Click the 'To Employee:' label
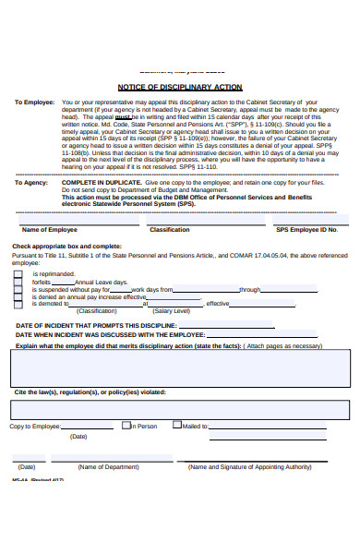[x=34, y=102]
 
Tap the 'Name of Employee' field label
[x=49, y=229]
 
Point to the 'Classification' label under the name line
[x=170, y=229]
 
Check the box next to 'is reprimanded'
[x=18, y=274]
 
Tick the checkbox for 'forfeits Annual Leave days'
[x=18, y=282]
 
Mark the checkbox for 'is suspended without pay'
[x=18, y=289]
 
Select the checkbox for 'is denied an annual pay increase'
[x=18, y=296]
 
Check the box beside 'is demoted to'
[x=18, y=304]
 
